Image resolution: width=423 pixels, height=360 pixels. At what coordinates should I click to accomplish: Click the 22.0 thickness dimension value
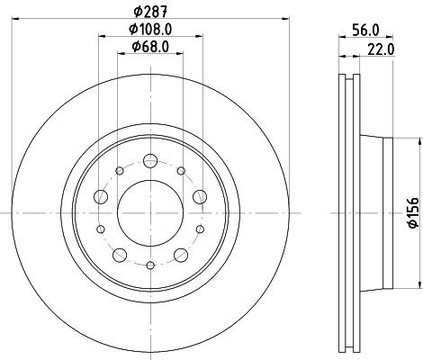coord(382,49)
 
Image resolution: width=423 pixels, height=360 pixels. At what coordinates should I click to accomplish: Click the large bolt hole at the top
coord(150,162)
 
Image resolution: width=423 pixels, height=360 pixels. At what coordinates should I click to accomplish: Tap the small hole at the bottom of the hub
coord(150,265)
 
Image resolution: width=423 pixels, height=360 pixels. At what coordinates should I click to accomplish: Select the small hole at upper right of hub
coord(181,170)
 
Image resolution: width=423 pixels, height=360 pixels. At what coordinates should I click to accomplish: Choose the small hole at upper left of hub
coord(120,170)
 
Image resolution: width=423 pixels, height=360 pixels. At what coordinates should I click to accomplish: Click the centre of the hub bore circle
coord(150,212)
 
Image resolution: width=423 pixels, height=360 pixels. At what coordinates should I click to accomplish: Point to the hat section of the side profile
coord(376,212)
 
